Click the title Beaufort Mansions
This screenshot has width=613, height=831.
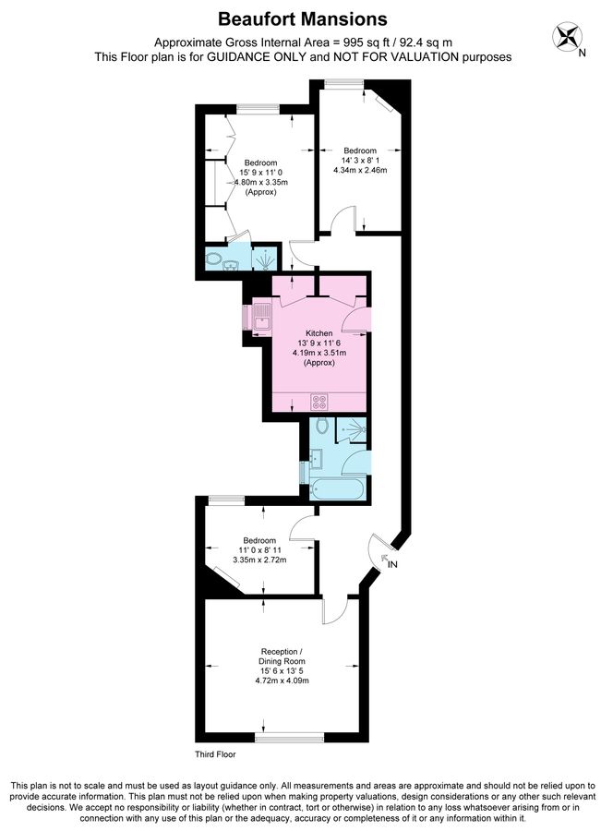tap(303, 18)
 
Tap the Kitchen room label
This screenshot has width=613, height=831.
tap(319, 333)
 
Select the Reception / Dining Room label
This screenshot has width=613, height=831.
tap(282, 656)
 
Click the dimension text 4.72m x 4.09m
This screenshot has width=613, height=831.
tap(282, 680)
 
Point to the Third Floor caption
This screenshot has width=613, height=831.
tap(215, 754)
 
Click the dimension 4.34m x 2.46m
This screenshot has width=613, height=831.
tap(360, 171)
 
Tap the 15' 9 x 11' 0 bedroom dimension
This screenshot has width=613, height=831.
tap(261, 173)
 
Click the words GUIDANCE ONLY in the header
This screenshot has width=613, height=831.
tap(274, 56)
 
